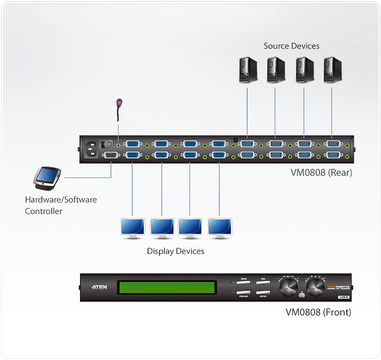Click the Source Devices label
click(291, 46)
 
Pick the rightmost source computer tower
click(331, 70)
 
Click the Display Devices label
click(175, 251)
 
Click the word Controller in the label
click(44, 211)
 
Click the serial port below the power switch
click(111, 156)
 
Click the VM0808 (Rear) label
click(321, 173)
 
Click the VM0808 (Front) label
click(318, 313)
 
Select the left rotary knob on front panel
click(288, 287)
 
